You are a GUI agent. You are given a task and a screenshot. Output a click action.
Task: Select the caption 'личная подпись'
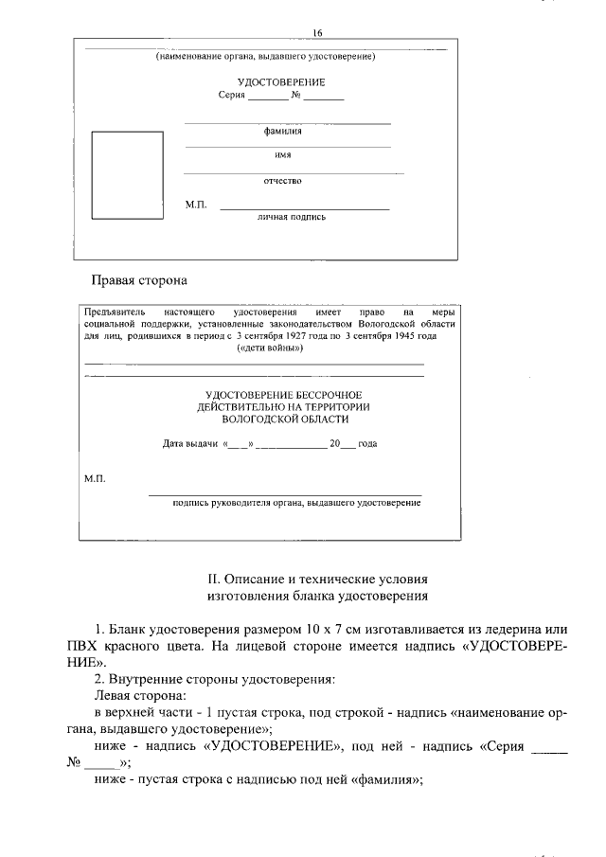click(x=292, y=217)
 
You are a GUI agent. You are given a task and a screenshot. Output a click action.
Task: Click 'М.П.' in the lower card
click(x=96, y=479)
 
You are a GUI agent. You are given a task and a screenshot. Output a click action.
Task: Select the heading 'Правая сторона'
click(x=139, y=280)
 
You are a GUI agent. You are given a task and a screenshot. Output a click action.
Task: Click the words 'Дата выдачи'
click(x=190, y=443)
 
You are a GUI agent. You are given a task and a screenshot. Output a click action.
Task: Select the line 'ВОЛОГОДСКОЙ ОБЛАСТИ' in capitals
click(x=285, y=418)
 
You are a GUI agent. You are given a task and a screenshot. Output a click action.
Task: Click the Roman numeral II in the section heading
click(x=213, y=577)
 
